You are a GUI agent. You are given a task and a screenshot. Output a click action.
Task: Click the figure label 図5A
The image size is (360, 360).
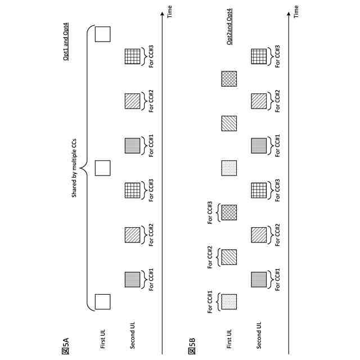pos(66,343)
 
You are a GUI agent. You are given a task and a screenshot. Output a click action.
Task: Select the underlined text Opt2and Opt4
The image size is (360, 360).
pos(229,38)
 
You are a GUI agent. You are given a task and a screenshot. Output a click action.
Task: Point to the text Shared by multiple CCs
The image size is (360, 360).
pos(74,168)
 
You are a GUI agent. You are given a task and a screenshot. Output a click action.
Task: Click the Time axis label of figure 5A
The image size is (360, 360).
pos(170,10)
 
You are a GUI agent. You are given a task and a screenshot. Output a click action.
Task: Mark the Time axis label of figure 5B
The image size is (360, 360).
pos(296,10)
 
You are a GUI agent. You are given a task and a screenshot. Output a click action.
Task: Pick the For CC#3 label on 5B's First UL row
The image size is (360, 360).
pos(210,213)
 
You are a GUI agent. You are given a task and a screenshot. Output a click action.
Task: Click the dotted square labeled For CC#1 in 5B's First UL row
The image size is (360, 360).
pos(229,302)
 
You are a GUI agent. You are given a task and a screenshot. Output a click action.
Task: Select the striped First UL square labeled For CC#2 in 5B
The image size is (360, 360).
pos(229,257)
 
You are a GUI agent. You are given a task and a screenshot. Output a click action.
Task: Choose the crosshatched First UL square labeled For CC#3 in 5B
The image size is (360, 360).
pos(229,213)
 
